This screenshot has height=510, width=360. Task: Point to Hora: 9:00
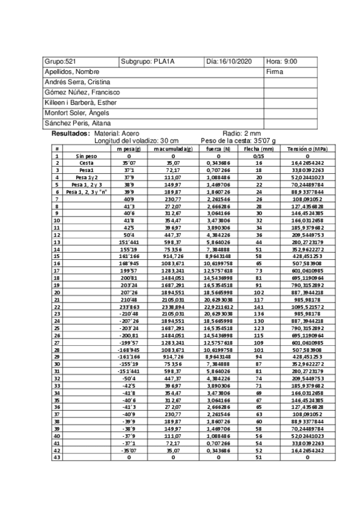pos(281,61)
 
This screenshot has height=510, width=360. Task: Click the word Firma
pos(274,72)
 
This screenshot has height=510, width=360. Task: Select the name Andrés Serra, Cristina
pos(78,82)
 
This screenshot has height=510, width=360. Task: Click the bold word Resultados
pos(70,133)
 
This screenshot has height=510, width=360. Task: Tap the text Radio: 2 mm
pos(242,133)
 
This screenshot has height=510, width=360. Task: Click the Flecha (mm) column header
pos(259,148)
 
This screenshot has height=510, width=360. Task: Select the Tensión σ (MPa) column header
pos(308,148)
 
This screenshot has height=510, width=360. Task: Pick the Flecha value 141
pos(259,307)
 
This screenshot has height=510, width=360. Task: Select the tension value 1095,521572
pos(308,307)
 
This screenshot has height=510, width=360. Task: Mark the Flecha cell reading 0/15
pos(259,155)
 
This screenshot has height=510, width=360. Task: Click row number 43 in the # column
pos(56,458)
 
